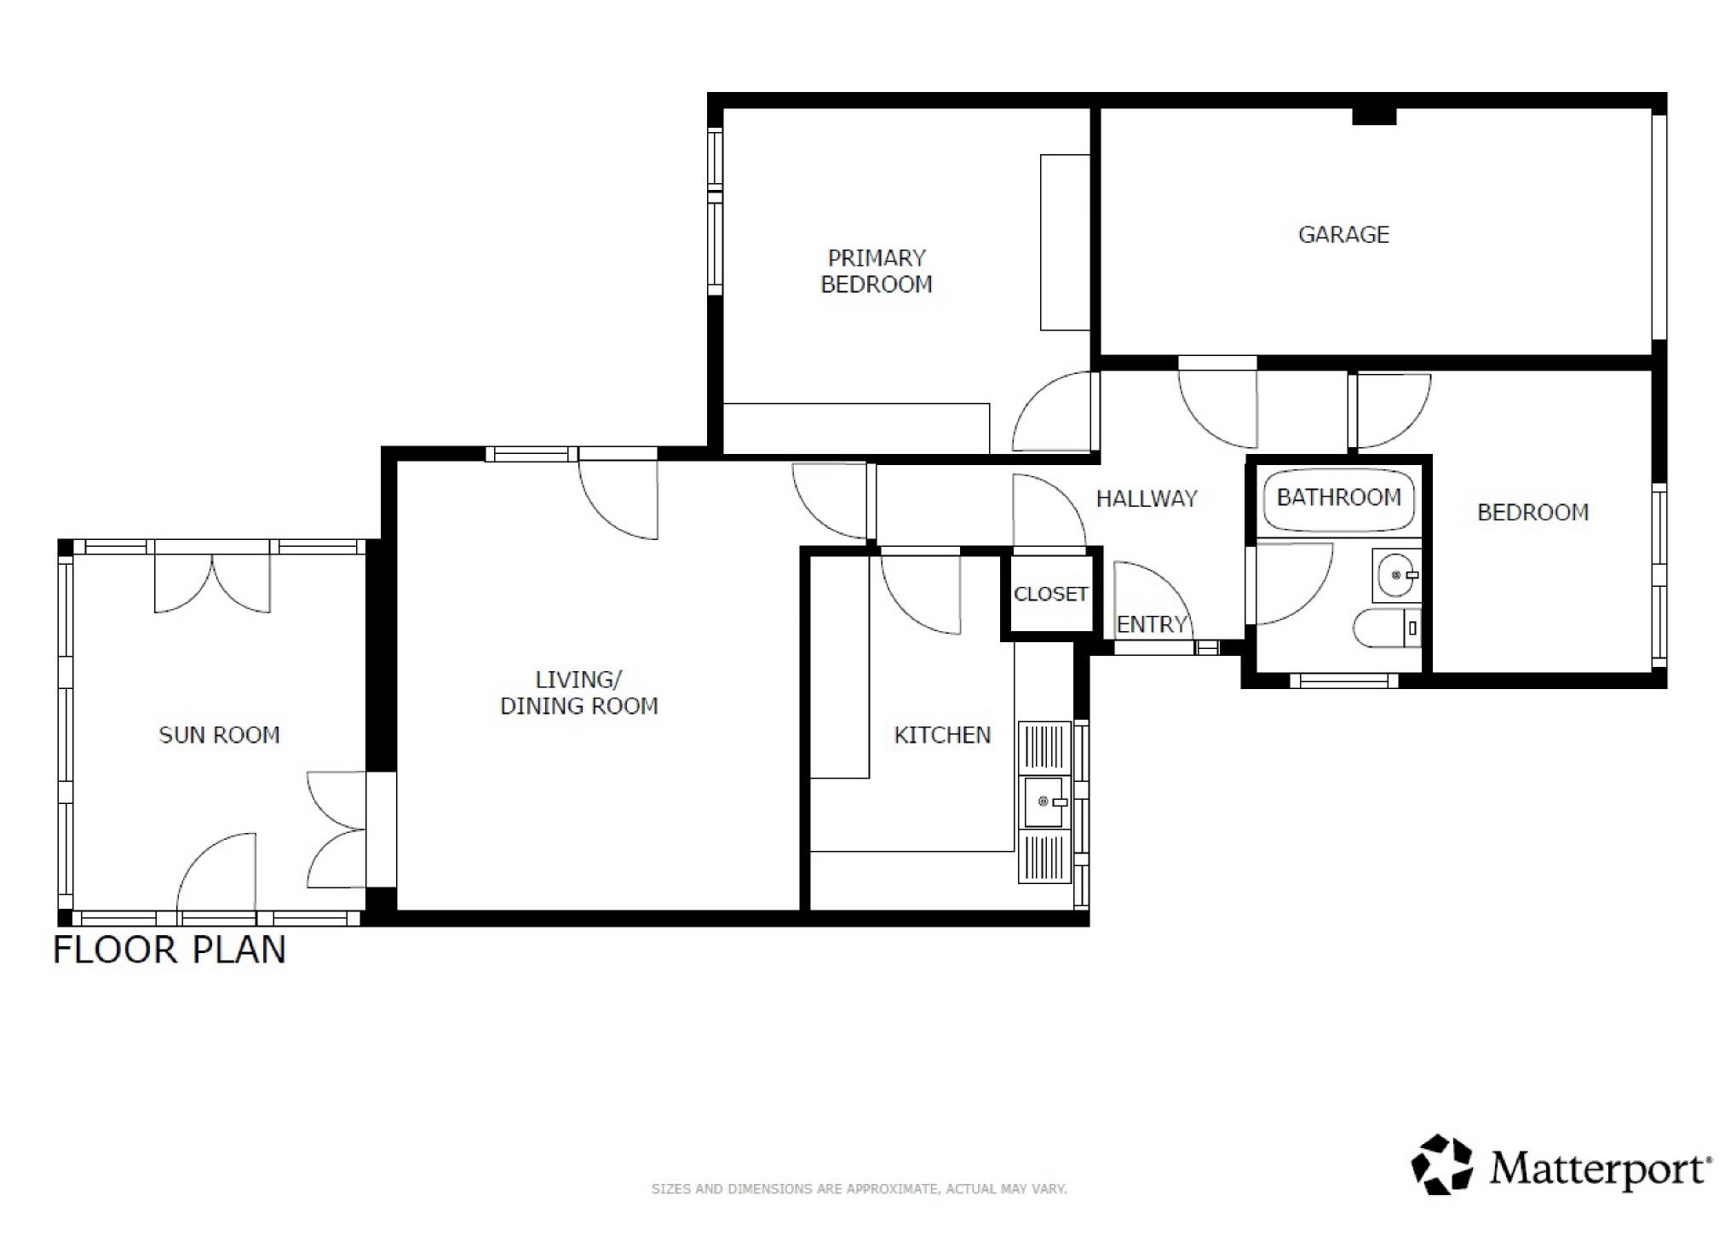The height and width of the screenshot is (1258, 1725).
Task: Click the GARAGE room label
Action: (1343, 234)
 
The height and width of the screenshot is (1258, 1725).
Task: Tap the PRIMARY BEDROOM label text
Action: (876, 271)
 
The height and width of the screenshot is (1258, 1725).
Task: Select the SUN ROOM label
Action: (219, 735)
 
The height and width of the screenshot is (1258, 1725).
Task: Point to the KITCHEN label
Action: (942, 735)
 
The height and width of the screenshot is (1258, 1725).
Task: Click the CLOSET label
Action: (1050, 594)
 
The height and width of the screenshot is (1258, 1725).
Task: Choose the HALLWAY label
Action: (1147, 498)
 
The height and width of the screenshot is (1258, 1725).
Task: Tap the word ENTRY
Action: (1152, 624)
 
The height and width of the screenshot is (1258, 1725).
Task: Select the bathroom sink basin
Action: (1396, 576)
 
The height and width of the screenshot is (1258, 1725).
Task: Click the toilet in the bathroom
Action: (1388, 628)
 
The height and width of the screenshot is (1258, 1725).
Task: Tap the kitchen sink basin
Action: (1044, 801)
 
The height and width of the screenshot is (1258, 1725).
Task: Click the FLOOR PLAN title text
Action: (170, 951)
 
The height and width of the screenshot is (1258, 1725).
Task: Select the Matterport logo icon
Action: (1442, 1164)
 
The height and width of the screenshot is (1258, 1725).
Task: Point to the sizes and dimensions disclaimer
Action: (859, 1189)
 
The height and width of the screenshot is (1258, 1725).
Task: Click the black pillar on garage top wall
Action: (1374, 116)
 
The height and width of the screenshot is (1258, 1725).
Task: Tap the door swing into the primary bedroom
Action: (1051, 411)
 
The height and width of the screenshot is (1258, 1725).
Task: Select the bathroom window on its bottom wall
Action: (1343, 681)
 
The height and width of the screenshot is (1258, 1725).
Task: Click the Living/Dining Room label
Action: (578, 692)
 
